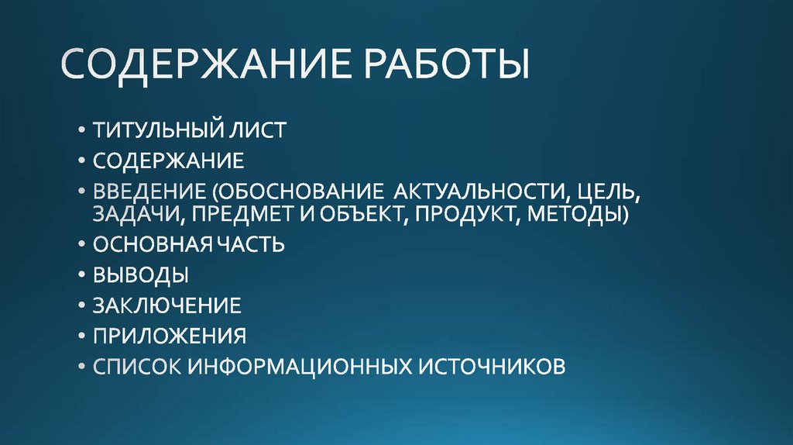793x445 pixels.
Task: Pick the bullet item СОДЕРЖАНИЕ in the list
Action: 168,160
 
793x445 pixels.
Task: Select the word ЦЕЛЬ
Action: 606,191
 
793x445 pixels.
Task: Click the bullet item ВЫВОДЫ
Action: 140,275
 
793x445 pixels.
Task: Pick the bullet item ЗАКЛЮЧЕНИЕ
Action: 166,305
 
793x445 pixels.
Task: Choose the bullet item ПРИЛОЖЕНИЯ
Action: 170,336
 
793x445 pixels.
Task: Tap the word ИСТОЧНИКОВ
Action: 493,366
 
